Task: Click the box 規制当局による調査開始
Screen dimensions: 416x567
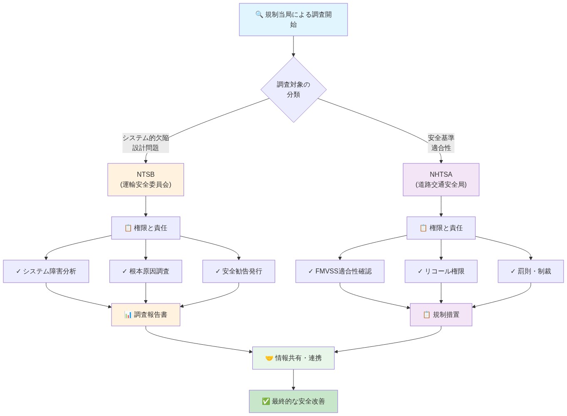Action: click(x=293, y=20)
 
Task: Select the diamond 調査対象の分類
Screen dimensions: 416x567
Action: click(x=293, y=90)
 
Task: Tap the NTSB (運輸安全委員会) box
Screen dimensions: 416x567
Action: click(x=146, y=180)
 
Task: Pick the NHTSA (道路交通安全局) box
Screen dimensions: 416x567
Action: click(x=441, y=180)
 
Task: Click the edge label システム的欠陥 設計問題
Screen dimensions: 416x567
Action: click(x=146, y=143)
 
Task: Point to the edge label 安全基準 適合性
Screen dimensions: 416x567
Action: click(x=441, y=143)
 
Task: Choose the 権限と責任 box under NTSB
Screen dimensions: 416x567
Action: click(x=146, y=228)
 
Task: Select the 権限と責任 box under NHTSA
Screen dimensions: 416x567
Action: click(x=441, y=228)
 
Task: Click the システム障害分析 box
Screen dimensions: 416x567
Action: click(x=46, y=271)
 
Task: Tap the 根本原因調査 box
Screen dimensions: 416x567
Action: click(x=146, y=271)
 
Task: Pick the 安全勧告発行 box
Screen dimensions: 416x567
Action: click(x=239, y=271)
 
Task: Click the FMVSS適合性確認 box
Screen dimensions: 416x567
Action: click(x=340, y=271)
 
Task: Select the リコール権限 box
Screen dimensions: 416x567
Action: click(x=441, y=271)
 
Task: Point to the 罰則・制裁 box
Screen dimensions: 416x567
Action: click(x=530, y=271)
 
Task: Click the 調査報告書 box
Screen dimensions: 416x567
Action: click(x=146, y=315)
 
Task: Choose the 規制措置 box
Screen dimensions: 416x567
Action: click(x=441, y=315)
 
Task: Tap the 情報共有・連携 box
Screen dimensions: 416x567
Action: click(x=293, y=358)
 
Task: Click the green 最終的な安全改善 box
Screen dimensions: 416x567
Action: click(x=293, y=401)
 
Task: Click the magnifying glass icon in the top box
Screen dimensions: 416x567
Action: click(x=259, y=15)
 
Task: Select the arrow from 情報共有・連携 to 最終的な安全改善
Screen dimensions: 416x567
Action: click(x=293, y=379)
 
